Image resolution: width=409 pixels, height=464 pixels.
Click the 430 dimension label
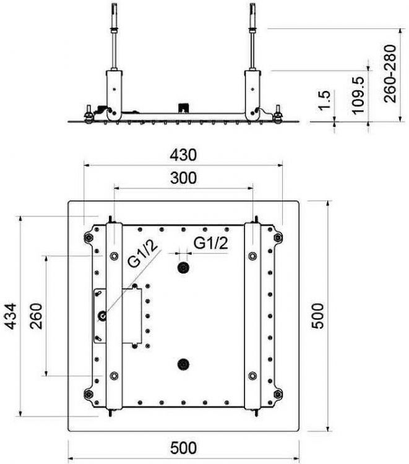tap(183, 155)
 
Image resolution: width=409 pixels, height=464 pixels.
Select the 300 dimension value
tap(183, 178)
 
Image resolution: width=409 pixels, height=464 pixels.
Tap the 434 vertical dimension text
tap(12, 316)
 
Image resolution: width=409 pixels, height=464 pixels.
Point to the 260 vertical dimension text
tap(37, 316)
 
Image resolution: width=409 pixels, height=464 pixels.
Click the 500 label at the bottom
tap(183, 448)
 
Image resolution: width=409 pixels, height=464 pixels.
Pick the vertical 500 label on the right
tap(319, 316)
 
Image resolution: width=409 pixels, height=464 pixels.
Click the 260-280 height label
tap(390, 74)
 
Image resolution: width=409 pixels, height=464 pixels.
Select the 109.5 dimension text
tap(358, 95)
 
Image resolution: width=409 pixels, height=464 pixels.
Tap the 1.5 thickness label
tap(324, 100)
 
